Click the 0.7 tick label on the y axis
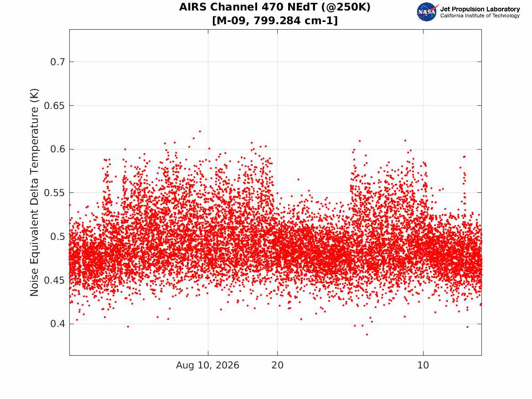point(57,62)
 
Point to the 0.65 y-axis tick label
point(54,105)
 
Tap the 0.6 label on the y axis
point(57,149)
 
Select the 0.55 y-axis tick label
point(54,193)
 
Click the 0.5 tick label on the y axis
point(57,237)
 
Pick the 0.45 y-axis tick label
point(54,280)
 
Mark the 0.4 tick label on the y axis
point(57,324)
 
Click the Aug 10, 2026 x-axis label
point(207,365)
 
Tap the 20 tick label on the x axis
point(277,365)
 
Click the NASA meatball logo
point(427,12)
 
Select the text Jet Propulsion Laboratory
point(480,9)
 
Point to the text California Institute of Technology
point(480,16)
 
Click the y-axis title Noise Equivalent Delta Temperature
point(34,192)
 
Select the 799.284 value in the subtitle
point(277,21)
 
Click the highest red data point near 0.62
point(200,131)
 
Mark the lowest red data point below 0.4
point(367,335)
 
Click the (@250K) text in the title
point(346,7)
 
